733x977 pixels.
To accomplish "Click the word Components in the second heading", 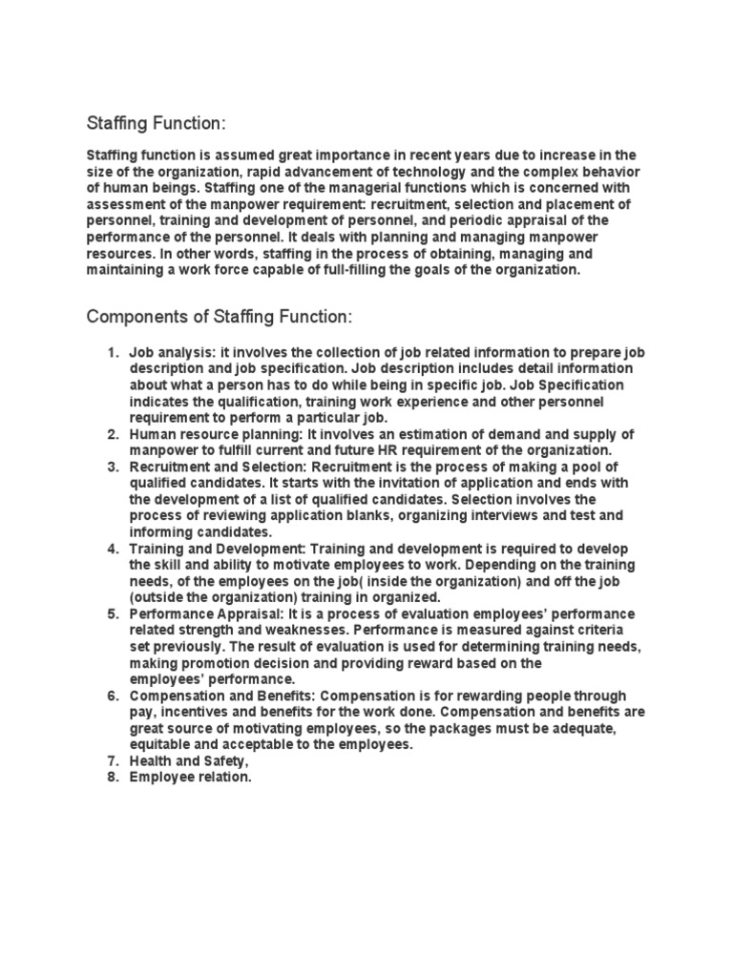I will pos(135,316).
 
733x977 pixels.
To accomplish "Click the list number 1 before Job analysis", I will pos(111,353).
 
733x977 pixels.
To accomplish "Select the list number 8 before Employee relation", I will pos(111,777).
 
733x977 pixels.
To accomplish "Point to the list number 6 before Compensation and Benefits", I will pos(111,696).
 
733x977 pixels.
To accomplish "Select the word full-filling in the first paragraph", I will pos(364,270).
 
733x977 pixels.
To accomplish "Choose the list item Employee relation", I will pos(191,777).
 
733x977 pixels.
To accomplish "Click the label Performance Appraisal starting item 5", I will pos(197,613).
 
